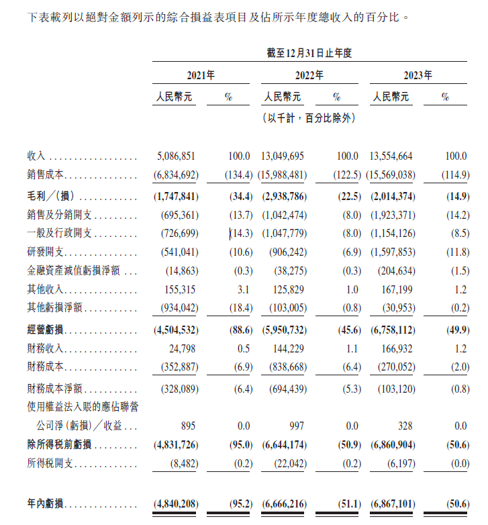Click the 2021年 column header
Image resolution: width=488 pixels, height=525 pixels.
pos(200,75)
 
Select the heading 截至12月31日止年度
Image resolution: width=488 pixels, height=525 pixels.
pos(309,52)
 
